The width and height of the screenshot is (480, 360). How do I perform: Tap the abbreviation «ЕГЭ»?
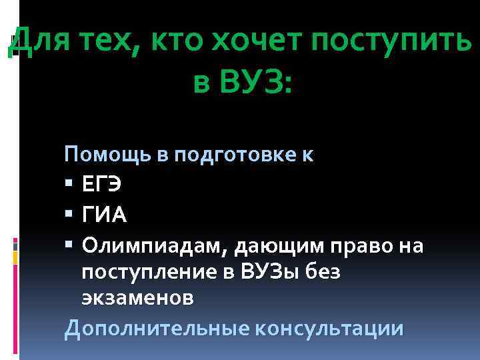pos(101,185)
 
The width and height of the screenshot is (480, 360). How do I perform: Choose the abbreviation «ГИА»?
pos(103,215)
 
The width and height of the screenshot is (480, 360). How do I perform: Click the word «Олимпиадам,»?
pos(155,246)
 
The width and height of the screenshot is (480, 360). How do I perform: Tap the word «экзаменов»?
pos(137,298)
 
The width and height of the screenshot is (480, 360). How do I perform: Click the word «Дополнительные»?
pos(145,328)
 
